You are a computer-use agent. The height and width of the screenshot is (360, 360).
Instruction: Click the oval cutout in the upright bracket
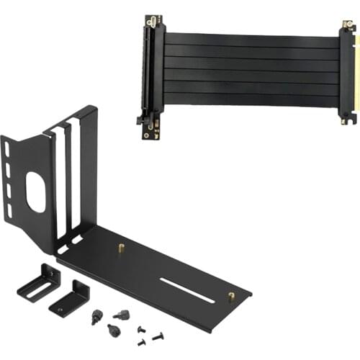tap(35, 192)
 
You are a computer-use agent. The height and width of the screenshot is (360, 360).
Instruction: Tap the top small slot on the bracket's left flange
tap(7, 148)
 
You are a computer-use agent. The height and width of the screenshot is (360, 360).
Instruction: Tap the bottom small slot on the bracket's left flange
tap(9, 212)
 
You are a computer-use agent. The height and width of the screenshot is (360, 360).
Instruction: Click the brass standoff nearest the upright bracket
tap(120, 249)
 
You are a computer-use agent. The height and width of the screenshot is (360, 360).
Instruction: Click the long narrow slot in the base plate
tap(186, 289)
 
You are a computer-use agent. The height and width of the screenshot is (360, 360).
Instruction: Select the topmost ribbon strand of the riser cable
tap(252, 40)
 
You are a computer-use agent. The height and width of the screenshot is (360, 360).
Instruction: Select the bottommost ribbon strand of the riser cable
tap(252, 100)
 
